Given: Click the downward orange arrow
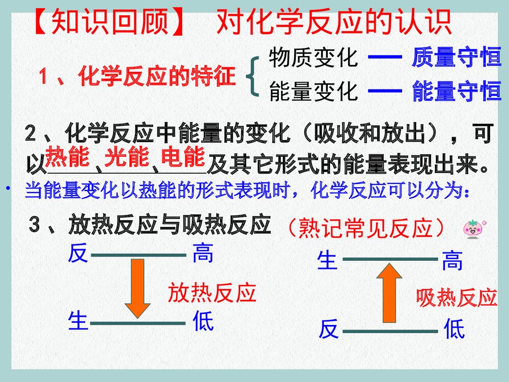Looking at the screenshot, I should [137, 288].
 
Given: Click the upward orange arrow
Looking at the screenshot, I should [389, 292].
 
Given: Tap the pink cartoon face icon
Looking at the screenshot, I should [473, 229].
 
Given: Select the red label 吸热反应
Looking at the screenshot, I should [456, 298].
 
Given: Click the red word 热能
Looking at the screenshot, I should [67, 157].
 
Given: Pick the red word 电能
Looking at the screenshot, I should [183, 157].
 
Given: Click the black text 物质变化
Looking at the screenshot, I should [313, 58].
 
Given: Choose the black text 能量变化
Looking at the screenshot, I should [313, 92].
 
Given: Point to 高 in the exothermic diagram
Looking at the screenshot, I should [203, 253].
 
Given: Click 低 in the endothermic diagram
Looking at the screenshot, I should [454, 330].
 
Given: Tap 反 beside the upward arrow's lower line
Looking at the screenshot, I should [328, 330].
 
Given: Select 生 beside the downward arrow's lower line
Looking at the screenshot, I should [77, 321].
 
